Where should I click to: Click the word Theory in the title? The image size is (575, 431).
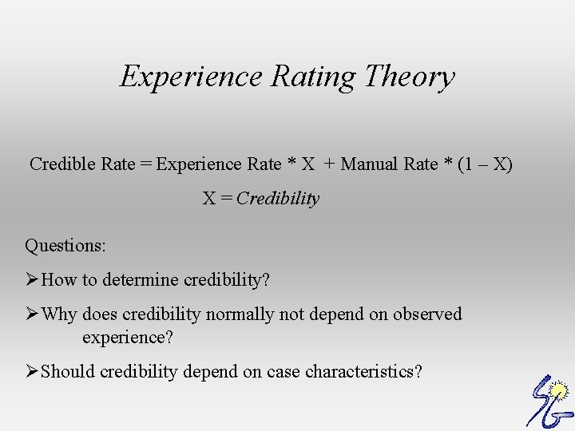(409, 77)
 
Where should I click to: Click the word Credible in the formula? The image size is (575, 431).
(63, 164)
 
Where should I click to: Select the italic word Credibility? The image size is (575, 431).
(278, 199)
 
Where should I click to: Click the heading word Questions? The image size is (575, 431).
(65, 245)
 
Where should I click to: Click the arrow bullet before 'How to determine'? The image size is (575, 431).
(32, 280)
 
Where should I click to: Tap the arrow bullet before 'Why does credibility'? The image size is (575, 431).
(32, 314)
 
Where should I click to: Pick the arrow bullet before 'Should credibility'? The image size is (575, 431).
(32, 371)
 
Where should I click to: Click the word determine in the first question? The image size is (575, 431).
(142, 280)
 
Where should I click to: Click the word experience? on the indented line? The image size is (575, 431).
(128, 338)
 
